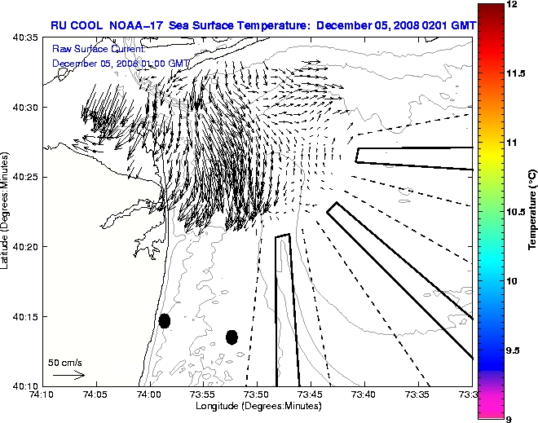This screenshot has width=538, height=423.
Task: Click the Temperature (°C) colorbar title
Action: (x=531, y=212)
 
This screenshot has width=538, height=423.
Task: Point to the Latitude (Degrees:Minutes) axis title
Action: (x=7, y=212)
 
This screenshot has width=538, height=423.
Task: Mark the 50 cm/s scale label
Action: (x=65, y=363)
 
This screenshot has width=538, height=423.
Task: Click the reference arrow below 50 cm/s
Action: (x=68, y=375)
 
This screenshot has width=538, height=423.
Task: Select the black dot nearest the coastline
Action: (x=165, y=320)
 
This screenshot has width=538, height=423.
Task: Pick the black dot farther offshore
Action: (x=232, y=337)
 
